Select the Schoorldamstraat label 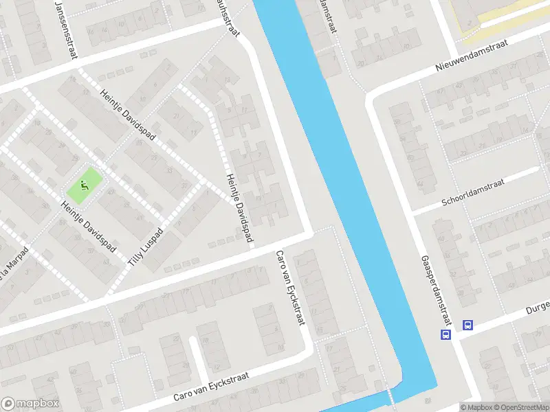475,192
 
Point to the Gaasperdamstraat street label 435,291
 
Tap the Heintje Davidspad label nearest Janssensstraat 128,114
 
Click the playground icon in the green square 84,184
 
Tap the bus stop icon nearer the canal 445,334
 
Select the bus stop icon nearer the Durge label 467,325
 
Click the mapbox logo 30,404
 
